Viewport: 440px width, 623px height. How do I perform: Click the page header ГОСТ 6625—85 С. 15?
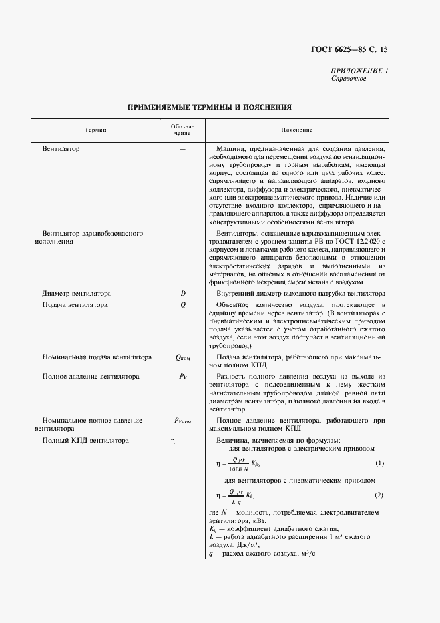[x=349, y=49]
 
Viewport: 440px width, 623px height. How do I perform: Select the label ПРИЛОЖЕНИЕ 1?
[x=359, y=71]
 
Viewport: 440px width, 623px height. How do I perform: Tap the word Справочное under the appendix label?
[x=348, y=78]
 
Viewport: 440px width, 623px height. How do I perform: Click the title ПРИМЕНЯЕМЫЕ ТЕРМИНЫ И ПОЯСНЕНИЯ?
[x=209, y=106]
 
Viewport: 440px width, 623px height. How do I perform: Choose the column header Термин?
[x=95, y=130]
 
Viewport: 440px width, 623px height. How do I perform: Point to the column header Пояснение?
[x=296, y=130]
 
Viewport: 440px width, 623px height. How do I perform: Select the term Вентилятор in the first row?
[x=61, y=149]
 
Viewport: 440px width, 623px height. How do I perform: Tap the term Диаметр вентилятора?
[x=76, y=293]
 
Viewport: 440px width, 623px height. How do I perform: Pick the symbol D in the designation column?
[x=183, y=293]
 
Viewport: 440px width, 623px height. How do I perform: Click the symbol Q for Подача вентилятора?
[x=183, y=305]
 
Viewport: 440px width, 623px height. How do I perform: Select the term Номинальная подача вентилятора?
[x=97, y=357]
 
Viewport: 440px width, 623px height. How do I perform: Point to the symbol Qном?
[x=183, y=357]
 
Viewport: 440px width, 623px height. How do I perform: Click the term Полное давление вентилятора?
[x=91, y=377]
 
